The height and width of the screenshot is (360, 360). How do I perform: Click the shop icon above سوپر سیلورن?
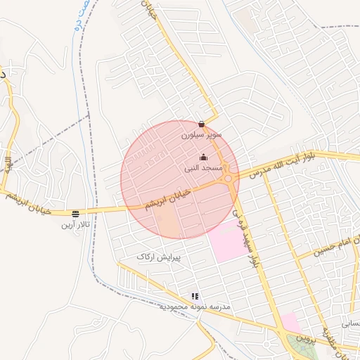click(201, 124)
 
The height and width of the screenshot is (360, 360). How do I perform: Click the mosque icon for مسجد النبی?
click(203, 157)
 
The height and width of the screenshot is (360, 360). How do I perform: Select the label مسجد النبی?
click(203, 169)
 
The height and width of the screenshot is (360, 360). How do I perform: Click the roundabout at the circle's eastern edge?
click(230, 179)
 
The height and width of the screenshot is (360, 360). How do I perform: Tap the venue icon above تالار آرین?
click(75, 213)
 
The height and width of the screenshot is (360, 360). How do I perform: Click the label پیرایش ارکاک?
click(159, 257)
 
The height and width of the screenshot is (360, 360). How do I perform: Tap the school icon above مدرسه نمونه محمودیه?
click(195, 297)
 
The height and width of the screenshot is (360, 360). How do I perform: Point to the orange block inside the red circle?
click(171, 224)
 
